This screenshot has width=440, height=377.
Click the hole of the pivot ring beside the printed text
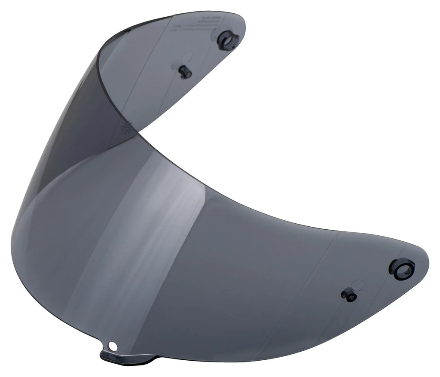(x=228, y=41)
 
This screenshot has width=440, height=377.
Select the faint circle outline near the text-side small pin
(x=187, y=57)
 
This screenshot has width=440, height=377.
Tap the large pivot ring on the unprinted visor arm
(x=402, y=269)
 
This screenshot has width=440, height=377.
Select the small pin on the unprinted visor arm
(x=348, y=295)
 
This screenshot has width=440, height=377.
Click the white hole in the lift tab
(x=113, y=345)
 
